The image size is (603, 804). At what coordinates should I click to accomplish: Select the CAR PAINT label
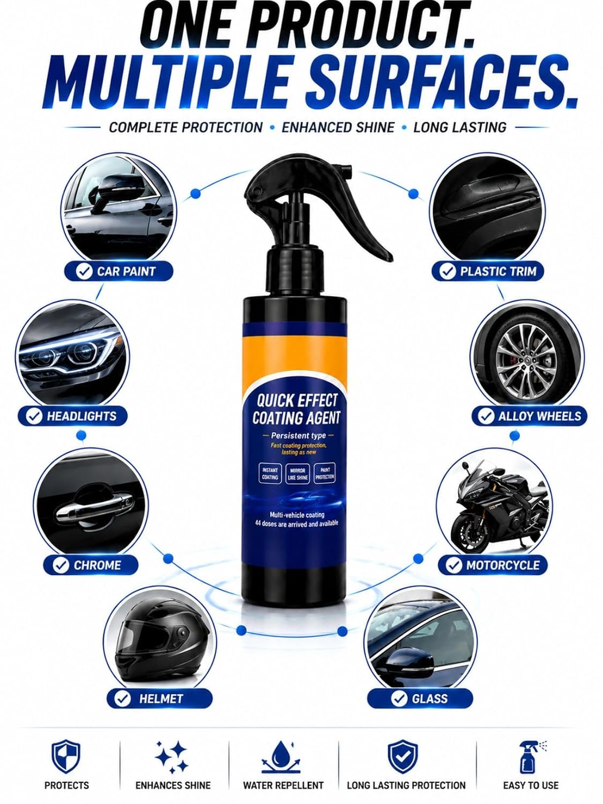(x=118, y=271)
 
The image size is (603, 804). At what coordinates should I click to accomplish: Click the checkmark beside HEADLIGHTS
(x=34, y=416)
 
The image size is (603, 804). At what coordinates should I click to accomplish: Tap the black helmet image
(x=160, y=643)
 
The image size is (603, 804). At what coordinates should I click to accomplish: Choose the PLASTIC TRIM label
(x=488, y=271)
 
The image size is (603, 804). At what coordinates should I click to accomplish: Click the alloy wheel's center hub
(x=526, y=361)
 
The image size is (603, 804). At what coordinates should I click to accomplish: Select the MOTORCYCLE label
(x=493, y=565)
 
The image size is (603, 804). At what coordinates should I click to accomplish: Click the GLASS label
(x=420, y=698)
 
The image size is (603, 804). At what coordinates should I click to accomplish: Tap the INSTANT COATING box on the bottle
(x=270, y=474)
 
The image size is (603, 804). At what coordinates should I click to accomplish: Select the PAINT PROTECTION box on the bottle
(x=325, y=474)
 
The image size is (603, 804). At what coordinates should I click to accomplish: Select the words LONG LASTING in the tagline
(x=460, y=127)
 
